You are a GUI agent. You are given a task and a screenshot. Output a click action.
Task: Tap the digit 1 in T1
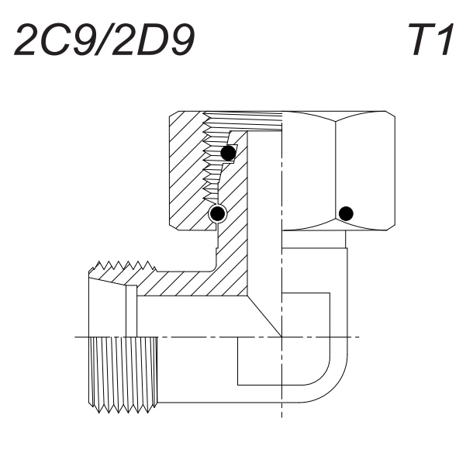(x=446, y=40)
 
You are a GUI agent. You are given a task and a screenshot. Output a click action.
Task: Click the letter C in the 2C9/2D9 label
(x=56, y=40)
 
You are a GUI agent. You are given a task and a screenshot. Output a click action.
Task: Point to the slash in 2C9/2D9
(x=103, y=40)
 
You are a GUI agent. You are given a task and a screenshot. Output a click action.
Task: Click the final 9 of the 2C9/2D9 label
(x=182, y=40)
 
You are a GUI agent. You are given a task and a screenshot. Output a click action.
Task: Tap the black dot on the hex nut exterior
(x=346, y=213)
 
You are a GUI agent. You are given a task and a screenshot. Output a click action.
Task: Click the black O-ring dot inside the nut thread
(x=228, y=153)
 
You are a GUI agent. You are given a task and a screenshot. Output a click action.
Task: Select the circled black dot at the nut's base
(x=217, y=214)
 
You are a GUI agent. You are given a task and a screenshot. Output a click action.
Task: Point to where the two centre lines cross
(x=281, y=337)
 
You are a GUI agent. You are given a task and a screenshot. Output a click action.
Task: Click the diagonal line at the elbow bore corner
(x=264, y=317)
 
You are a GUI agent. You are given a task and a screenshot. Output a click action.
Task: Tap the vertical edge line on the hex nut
(x=336, y=171)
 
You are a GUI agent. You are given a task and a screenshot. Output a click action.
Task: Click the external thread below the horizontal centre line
(x=123, y=375)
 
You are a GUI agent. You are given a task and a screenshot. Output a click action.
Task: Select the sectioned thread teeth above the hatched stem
(x=123, y=266)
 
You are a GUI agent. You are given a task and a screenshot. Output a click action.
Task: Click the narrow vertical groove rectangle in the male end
(x=131, y=311)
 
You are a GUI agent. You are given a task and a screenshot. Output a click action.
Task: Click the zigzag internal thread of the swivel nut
(x=212, y=157)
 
